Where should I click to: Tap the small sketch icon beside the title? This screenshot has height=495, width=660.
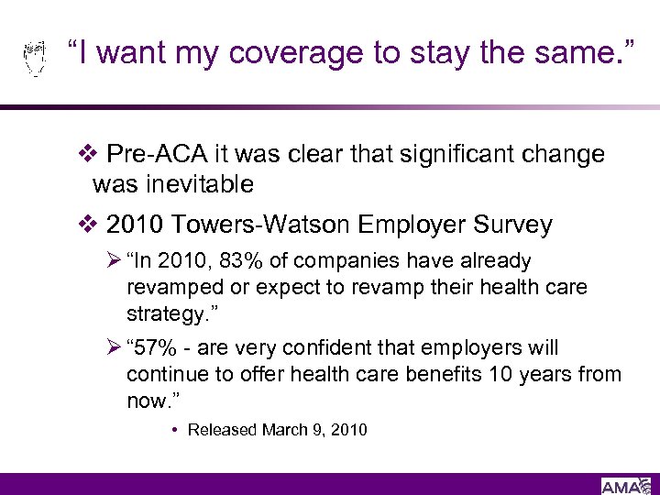pos(34,57)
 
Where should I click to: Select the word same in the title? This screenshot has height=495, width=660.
pos(565,53)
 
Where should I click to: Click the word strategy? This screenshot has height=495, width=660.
pos(164,313)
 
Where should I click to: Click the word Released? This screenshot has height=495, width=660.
pos(223,429)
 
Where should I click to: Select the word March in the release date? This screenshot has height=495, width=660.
pos(285,429)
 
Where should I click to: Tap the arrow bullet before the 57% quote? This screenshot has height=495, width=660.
pos(115,348)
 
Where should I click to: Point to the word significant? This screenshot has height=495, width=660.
pos(453,154)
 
